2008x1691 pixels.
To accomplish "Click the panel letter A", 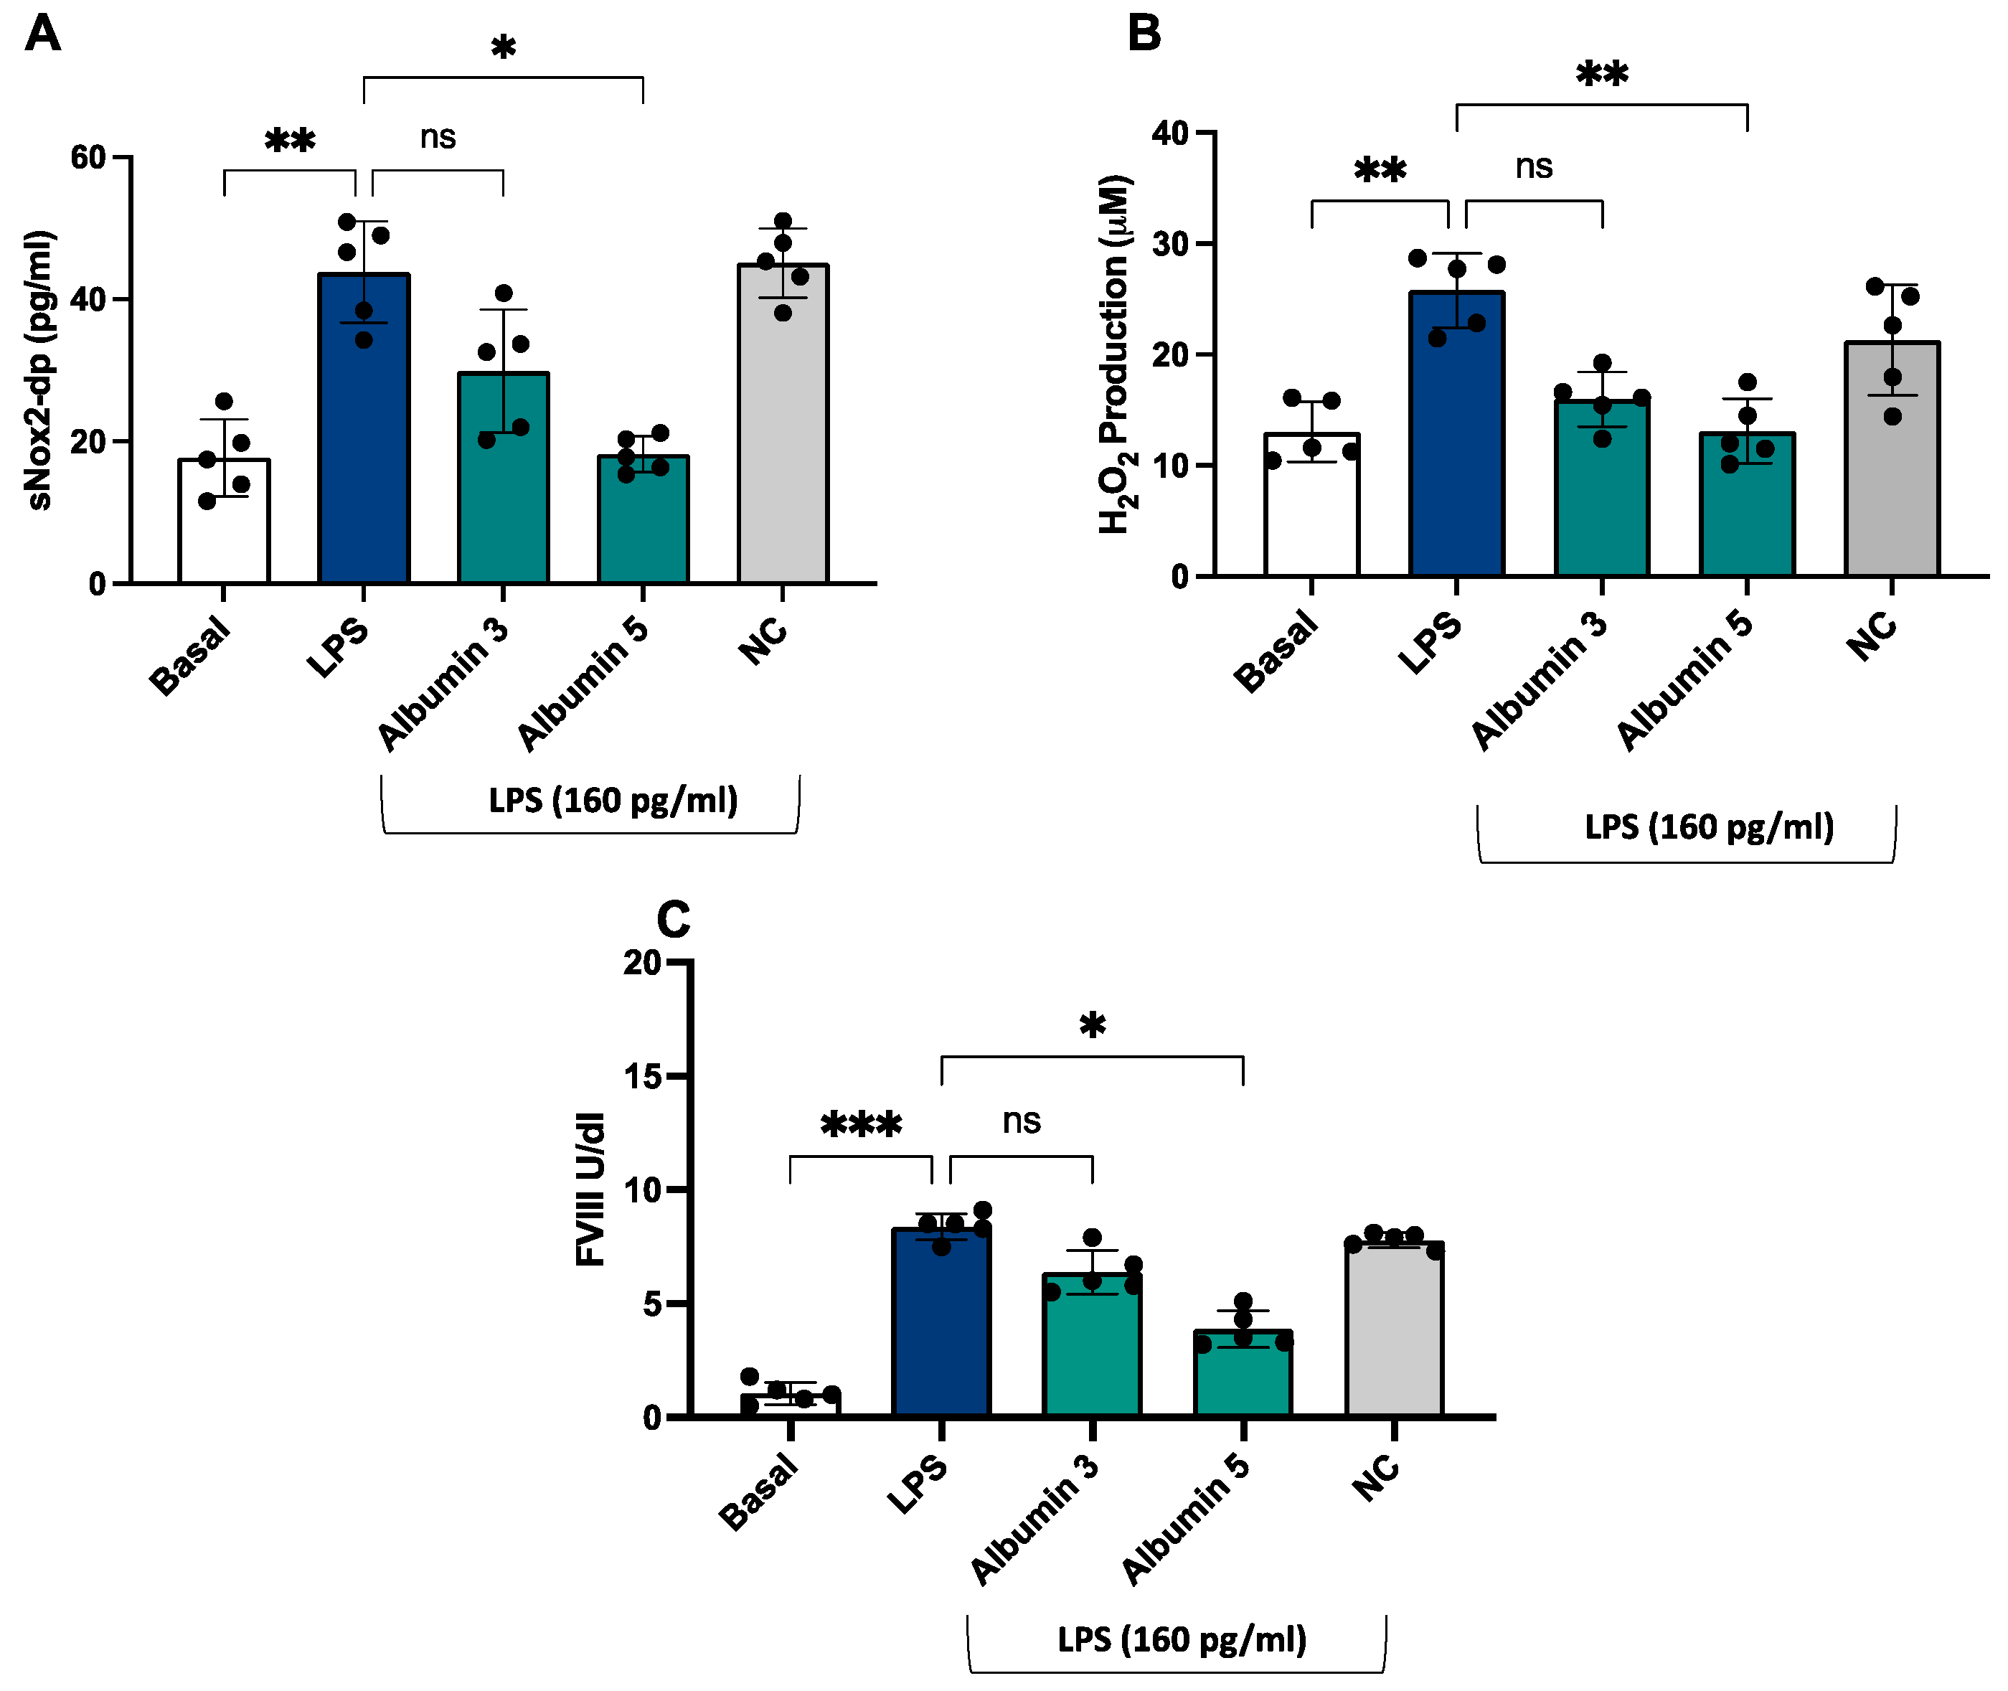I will tap(43, 34).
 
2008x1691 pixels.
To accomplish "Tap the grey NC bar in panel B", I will tap(1891, 460).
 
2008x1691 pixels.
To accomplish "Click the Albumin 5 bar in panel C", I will tap(1243, 1375).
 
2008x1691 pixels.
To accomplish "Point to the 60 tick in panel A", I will tap(88, 157).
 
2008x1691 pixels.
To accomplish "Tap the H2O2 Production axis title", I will tap(1116, 354).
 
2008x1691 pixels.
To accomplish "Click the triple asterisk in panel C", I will tap(861, 1124).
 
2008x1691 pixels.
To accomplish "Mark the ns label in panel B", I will tap(1534, 166).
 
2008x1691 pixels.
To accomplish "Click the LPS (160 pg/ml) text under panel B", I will tap(1709, 826).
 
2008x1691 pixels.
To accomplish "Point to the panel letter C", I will tap(673, 920).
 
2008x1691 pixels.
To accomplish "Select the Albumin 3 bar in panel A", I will tap(503, 479).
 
